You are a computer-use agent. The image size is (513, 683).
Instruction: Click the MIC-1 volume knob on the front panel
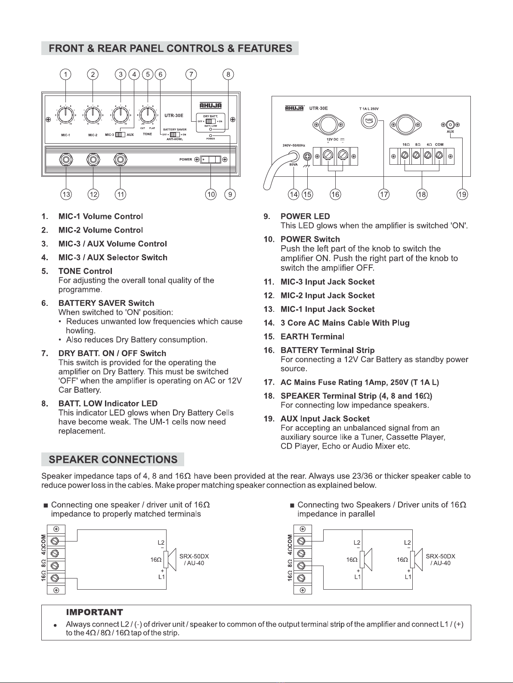click(x=65, y=115)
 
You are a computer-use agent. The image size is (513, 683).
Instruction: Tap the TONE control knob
click(x=148, y=115)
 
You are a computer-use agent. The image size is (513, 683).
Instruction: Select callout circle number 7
click(x=191, y=74)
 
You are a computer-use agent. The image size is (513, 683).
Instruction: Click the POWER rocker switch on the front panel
click(x=211, y=160)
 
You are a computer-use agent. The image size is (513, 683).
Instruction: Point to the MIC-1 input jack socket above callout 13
click(x=66, y=160)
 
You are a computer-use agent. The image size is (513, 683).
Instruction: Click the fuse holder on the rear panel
click(x=369, y=121)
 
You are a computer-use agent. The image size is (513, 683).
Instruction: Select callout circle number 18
click(x=422, y=194)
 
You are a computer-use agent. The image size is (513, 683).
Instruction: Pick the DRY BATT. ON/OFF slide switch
click(x=210, y=121)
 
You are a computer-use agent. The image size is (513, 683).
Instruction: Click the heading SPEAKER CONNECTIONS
click(x=113, y=459)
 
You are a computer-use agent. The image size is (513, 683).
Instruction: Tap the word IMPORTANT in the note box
click(x=94, y=612)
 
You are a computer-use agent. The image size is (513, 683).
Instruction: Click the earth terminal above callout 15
click(x=307, y=156)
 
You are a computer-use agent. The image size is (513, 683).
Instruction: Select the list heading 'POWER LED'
click(x=305, y=216)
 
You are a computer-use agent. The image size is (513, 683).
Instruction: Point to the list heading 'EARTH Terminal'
click(x=312, y=336)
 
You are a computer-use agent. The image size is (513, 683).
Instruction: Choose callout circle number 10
click(x=211, y=194)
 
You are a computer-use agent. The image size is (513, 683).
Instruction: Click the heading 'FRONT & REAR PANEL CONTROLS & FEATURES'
click(x=170, y=48)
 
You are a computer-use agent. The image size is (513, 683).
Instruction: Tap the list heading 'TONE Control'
click(x=85, y=271)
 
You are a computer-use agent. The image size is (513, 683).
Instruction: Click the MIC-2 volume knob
click(x=92, y=115)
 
